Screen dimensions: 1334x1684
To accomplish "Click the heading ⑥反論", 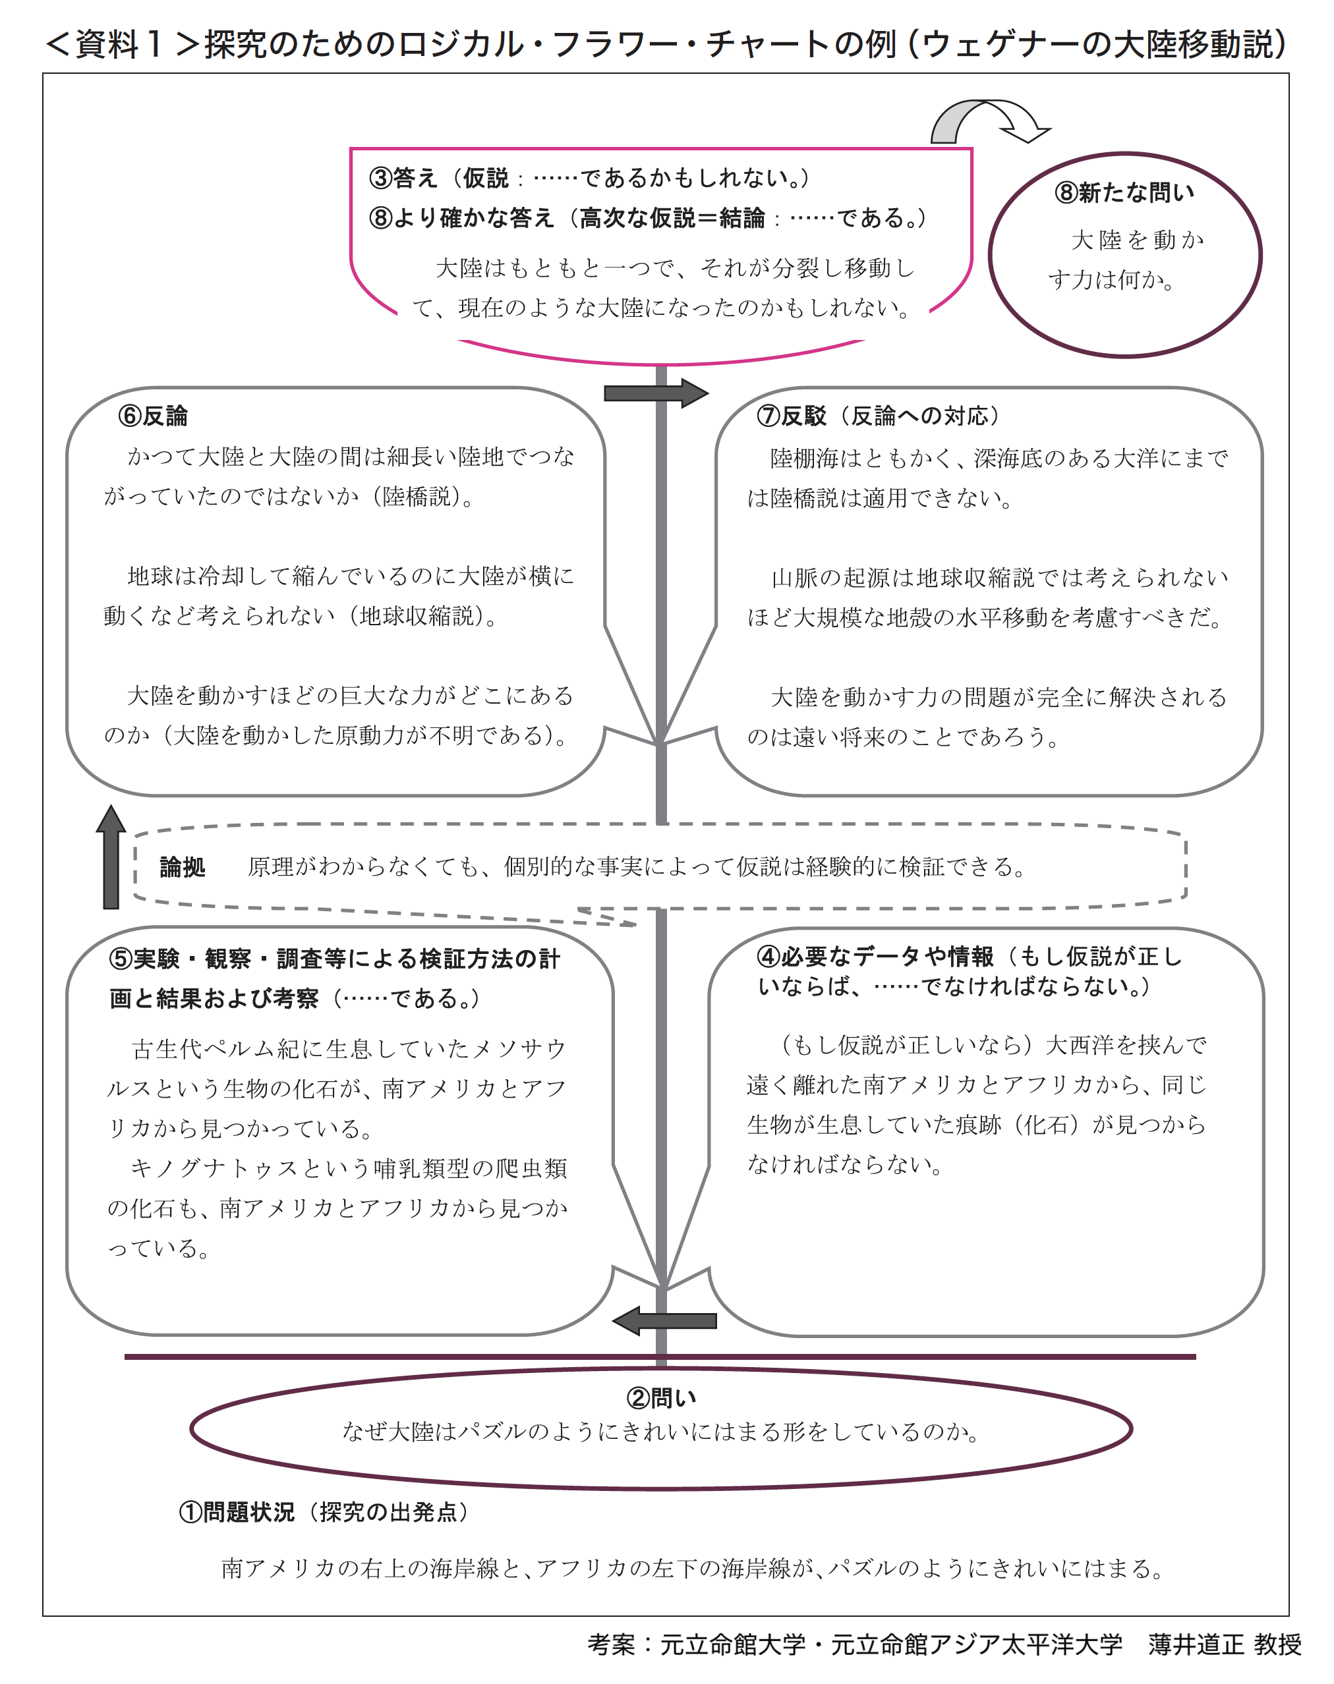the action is tap(153, 416).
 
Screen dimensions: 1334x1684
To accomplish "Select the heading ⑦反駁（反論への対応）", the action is tap(878, 416).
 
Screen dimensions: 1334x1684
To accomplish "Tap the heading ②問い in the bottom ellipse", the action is tap(662, 1397).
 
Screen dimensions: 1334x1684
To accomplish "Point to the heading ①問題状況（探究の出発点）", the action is tap(324, 1511).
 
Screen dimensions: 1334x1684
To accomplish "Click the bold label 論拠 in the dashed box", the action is tap(182, 866).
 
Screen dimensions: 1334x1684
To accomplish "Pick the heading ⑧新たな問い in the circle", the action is tap(1124, 192).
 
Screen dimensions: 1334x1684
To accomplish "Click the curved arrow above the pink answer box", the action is tap(991, 121).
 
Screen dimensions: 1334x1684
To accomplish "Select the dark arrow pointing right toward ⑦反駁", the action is tap(656, 393).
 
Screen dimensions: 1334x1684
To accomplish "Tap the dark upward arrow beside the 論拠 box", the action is tap(111, 856).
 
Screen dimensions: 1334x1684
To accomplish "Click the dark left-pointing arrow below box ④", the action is tap(664, 1320).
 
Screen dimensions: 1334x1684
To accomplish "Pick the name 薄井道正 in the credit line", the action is tap(1196, 1644).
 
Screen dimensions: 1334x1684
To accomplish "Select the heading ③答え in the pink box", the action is tap(403, 178).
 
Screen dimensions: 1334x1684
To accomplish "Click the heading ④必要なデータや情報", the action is tap(875, 957).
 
